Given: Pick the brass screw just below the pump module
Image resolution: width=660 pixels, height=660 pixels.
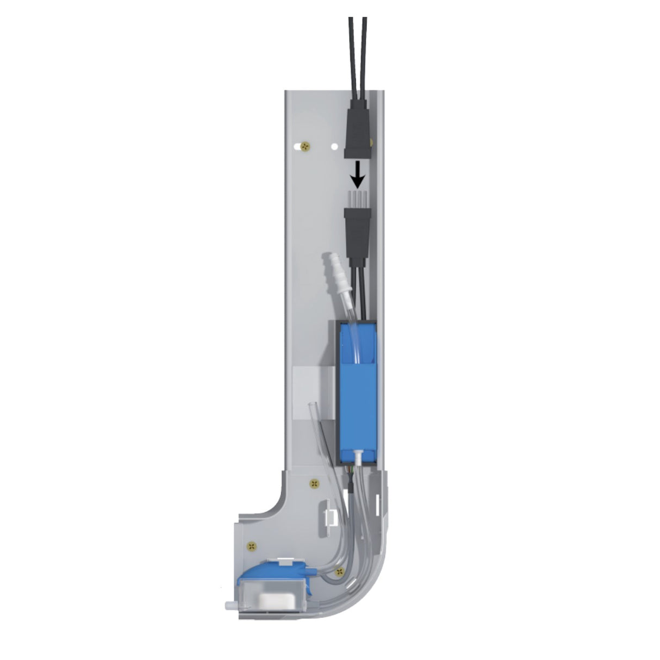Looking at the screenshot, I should coord(313,482).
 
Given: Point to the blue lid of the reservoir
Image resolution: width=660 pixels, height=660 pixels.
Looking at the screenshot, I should coord(275,574).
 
